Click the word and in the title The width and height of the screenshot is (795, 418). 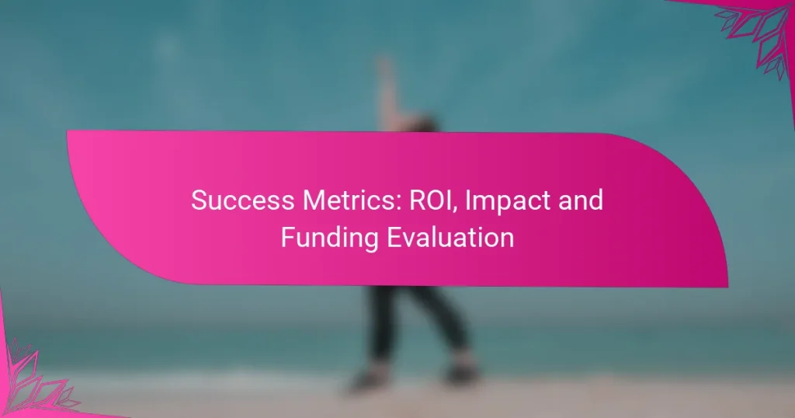tap(575, 200)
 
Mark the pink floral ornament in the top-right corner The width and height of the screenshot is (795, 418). tap(757, 31)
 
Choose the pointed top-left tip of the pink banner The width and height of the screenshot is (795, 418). tap(68, 131)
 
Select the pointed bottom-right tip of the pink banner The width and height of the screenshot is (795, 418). tap(727, 286)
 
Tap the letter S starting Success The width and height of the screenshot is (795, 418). tap(198, 200)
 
